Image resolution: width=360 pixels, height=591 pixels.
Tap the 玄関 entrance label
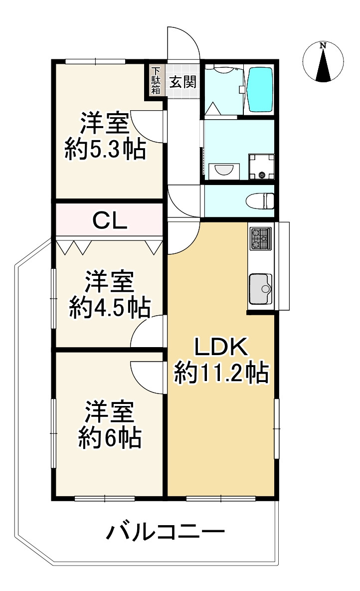pyautogui.click(x=183, y=81)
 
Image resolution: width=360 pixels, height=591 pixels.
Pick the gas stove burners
pyautogui.click(x=260, y=238)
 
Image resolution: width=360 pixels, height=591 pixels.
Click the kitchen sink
pyautogui.click(x=260, y=289)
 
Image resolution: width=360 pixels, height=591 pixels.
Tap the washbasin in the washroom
pyautogui.click(x=224, y=169)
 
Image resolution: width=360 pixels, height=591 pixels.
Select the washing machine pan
pyautogui.click(x=262, y=166)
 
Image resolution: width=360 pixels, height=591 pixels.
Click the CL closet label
pyautogui.click(x=110, y=221)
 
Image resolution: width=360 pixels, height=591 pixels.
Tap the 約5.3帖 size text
pyautogui.click(x=105, y=150)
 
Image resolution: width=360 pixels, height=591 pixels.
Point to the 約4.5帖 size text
pyautogui.click(x=110, y=308)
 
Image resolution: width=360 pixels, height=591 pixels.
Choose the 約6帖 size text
pyautogui.click(x=110, y=437)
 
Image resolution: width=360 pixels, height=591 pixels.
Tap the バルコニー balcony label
pyautogui.click(x=165, y=532)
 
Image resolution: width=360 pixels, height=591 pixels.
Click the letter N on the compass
pyautogui.click(x=323, y=45)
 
